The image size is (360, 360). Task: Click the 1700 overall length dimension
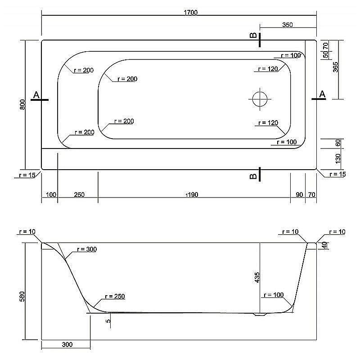point(190,13)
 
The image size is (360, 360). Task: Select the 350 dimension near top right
point(288,25)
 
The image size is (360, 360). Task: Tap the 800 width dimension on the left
point(22,104)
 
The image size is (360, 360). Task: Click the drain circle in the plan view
point(260,99)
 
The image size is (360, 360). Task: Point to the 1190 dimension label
point(192,195)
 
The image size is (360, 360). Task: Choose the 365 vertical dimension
point(335,67)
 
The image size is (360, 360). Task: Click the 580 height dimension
point(22,297)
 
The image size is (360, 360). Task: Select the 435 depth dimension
point(257,277)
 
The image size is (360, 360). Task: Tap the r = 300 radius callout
point(87,249)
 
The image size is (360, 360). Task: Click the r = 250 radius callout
point(115,297)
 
